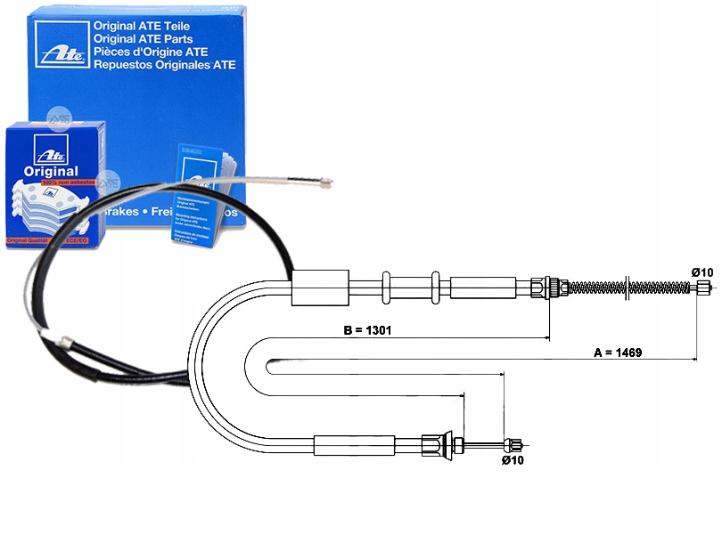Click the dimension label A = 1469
pyautogui.click(x=619, y=352)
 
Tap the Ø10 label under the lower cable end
pyautogui.click(x=512, y=460)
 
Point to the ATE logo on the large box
pyautogui.click(x=60, y=44)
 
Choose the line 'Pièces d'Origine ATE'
pyautogui.click(x=152, y=52)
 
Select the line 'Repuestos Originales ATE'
pyautogui.click(x=164, y=65)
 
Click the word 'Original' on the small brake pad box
pyautogui.click(x=52, y=171)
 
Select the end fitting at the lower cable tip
pyautogui.click(x=514, y=443)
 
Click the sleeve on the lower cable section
pyautogui.click(x=354, y=442)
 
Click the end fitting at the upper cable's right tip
pyautogui.click(x=703, y=287)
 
